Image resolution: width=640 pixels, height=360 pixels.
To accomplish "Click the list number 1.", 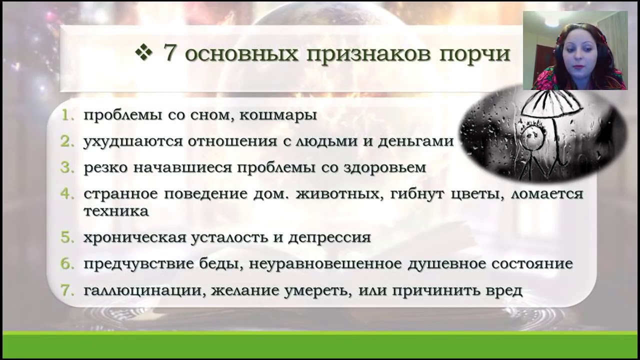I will pos(67,115).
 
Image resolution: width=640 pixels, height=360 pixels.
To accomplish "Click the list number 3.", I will pos(67,167).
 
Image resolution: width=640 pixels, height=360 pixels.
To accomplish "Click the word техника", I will pos(116,211).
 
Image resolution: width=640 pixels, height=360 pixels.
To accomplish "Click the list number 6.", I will pos(67,263).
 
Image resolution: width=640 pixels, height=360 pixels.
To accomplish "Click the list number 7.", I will pos(67,290).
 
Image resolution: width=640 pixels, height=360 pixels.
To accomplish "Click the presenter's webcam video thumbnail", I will pos(574,50).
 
